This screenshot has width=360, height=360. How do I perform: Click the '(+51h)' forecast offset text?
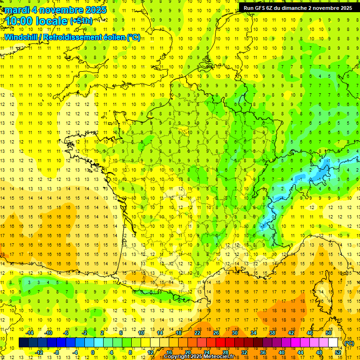(x=81, y=21)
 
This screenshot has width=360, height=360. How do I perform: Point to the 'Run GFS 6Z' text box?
(x=298, y=8)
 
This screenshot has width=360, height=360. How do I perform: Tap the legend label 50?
(x=329, y=333)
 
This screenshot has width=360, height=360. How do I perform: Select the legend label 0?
(x=92, y=352)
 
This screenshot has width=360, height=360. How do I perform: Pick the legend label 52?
(x=338, y=352)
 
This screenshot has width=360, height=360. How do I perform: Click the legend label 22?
(x=197, y=333)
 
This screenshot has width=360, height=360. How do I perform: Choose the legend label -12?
(x=39, y=352)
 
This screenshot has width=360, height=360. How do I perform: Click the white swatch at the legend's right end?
(x=333, y=343)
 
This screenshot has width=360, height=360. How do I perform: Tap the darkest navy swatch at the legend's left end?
(x=23, y=343)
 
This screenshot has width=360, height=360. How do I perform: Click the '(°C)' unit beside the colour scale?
(x=349, y=343)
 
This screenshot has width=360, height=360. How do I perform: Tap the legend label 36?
(x=263, y=352)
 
